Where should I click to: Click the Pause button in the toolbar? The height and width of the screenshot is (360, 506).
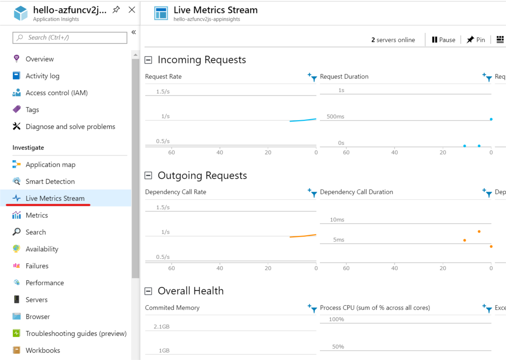tap(443, 40)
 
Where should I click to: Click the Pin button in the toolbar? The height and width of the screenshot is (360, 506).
tap(476, 40)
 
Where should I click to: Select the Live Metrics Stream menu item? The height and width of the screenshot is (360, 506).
tap(55, 198)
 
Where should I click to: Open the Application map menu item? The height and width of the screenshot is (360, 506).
tap(50, 164)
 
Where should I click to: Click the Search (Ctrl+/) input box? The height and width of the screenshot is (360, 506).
tap(70, 38)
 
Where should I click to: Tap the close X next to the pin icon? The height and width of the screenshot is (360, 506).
tap(132, 10)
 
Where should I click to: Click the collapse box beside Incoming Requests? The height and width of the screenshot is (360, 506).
tap(149, 60)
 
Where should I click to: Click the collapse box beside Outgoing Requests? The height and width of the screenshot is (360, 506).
tap(149, 176)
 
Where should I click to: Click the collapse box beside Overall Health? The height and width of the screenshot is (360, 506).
tap(149, 291)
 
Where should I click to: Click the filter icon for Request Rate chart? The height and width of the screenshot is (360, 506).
tap(312, 77)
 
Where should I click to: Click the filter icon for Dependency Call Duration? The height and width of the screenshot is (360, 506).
tap(487, 192)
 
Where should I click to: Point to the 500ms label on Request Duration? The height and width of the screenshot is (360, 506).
tap(335, 116)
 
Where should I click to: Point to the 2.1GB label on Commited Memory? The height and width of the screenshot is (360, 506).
tap(162, 327)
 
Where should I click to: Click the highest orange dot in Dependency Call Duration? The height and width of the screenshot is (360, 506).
tap(479, 232)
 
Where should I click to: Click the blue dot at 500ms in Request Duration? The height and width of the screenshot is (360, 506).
tap(491, 119)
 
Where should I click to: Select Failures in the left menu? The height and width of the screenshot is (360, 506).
tap(37, 266)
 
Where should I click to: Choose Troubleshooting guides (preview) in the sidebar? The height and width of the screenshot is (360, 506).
tap(76, 333)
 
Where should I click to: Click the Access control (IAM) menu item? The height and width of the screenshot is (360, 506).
tap(56, 93)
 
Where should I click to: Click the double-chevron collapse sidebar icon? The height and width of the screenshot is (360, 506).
tap(134, 32)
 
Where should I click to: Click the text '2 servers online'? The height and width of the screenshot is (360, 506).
tap(393, 40)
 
